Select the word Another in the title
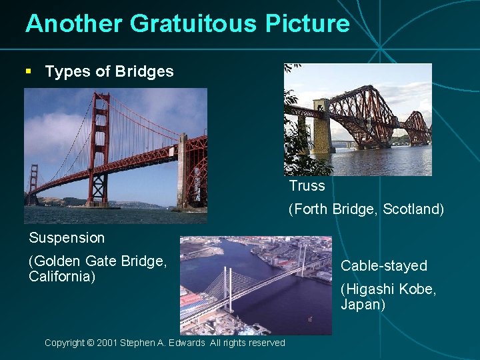point(74,24)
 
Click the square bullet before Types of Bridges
point(28,71)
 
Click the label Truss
point(307,186)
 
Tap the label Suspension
point(67,237)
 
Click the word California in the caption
point(62,276)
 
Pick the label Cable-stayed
point(383,266)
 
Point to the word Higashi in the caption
point(369,289)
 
